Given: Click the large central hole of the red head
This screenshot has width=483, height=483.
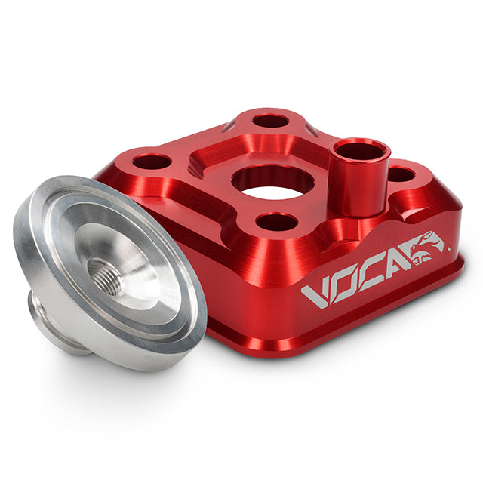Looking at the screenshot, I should point(272,182).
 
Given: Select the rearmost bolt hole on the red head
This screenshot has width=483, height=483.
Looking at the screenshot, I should point(270,121).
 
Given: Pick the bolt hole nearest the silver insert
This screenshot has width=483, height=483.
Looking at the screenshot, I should point(152,162).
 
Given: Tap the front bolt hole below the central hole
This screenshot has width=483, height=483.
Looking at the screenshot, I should point(277,222).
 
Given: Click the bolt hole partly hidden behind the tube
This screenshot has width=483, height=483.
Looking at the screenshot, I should point(400,175).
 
